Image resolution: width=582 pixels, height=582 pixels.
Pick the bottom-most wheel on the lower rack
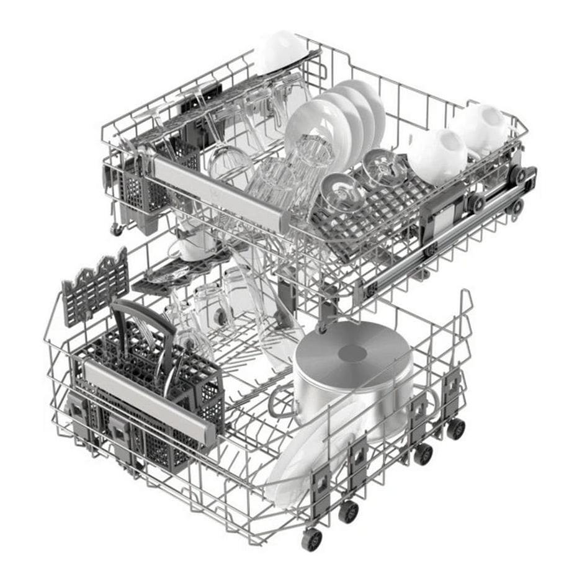click(311, 539)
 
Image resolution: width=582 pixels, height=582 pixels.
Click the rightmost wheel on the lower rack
click(456, 428)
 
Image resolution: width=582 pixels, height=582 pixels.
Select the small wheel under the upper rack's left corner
click(116, 229)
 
